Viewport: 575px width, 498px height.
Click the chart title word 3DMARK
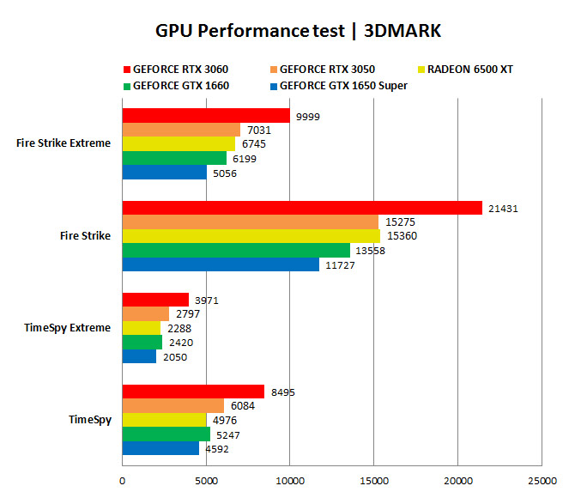coord(402,30)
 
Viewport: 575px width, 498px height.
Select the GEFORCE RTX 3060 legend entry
coord(176,70)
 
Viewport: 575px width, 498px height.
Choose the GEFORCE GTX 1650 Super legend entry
coord(339,86)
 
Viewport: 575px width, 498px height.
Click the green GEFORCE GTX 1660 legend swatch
coord(127,87)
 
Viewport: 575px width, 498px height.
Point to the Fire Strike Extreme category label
coord(64,143)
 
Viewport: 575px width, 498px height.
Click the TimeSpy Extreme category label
coord(68,327)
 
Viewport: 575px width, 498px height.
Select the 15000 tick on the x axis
coord(374,481)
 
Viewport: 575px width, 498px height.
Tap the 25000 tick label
coord(542,481)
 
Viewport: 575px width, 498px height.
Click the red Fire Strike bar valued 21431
coord(302,208)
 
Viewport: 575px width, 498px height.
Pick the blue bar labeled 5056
coord(165,172)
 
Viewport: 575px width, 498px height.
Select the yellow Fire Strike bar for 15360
coord(251,236)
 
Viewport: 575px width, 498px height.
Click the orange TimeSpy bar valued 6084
coord(173,405)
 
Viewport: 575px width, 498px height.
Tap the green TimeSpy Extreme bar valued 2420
coord(142,343)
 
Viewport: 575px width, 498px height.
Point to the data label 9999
coord(308,117)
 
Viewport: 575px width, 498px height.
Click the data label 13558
coord(371,251)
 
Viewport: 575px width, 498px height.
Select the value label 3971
coord(207,301)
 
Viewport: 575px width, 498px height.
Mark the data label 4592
coord(217,449)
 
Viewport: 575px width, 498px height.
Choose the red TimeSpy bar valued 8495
coord(193,392)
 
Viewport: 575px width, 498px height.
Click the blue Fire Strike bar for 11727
coord(221,264)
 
